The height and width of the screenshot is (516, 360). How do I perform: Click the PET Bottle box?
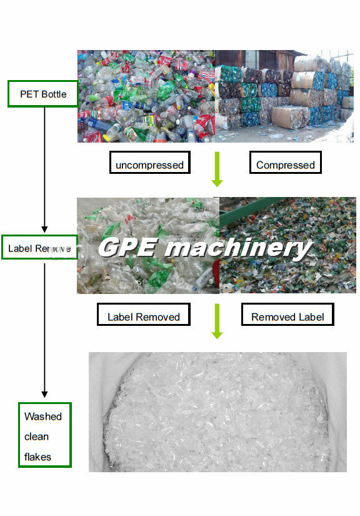tap(42, 94)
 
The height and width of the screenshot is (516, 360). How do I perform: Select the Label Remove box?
tap(39, 248)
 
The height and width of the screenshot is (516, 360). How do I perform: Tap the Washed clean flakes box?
tap(45, 435)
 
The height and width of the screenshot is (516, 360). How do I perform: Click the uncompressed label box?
tap(149, 163)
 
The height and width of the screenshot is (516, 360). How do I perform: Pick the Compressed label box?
tap(286, 163)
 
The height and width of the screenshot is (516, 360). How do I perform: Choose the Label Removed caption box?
tap(144, 315)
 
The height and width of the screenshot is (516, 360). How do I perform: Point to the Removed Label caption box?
tap(287, 315)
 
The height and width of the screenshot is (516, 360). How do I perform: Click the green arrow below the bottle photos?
tap(217, 169)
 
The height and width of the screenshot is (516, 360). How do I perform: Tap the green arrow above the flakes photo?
tap(217, 321)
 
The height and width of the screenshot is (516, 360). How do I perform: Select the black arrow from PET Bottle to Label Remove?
tap(45, 169)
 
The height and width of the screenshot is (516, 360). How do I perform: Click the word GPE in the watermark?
tap(127, 248)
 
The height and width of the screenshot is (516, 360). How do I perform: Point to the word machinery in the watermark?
tap(239, 248)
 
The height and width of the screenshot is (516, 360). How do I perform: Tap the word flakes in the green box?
tap(37, 457)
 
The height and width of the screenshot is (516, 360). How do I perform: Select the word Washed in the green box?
tap(43, 417)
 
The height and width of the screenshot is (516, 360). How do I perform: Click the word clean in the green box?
tap(36, 437)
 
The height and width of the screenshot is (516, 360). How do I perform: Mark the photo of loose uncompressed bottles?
tap(146, 96)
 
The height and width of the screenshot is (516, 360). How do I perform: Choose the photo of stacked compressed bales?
tap(284, 96)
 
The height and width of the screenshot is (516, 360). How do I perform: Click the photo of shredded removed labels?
tap(287, 245)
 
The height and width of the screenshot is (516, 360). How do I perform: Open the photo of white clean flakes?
tap(217, 412)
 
